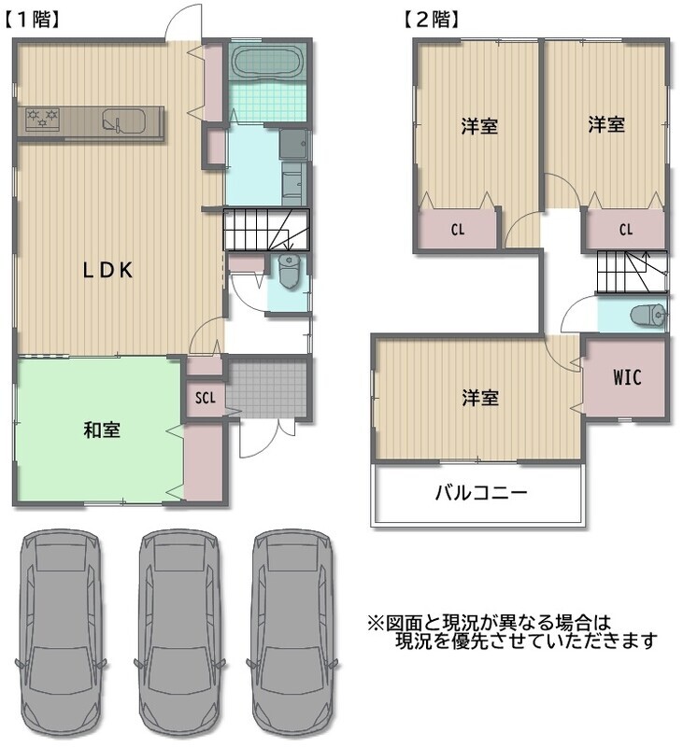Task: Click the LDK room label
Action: tap(107, 270)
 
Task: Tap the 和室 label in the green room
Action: tap(102, 430)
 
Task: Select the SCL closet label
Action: tap(206, 398)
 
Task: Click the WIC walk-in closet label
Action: tap(627, 377)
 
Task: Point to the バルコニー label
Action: tap(481, 492)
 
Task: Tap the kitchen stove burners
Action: tap(42, 119)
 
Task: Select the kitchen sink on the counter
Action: tap(123, 120)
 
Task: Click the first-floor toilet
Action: tap(289, 271)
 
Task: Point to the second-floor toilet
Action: tap(647, 315)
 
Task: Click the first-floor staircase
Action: tap(266, 229)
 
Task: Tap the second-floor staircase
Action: tap(632, 271)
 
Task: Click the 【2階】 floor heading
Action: tap(432, 20)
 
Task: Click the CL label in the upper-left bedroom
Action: tap(458, 230)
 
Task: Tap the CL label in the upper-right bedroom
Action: tap(626, 230)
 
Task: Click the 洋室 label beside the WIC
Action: tap(480, 398)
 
